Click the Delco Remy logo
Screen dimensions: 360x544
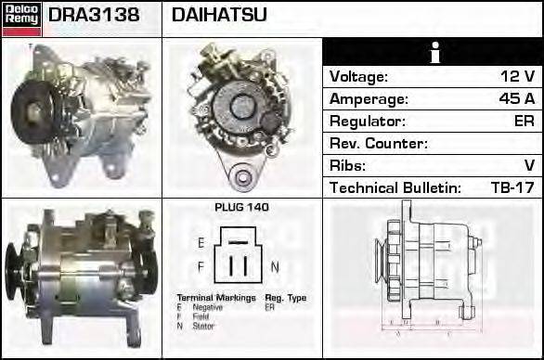click(21, 18)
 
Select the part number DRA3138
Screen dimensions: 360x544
click(93, 16)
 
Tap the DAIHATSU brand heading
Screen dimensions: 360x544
click(219, 16)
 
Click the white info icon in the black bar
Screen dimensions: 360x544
click(433, 53)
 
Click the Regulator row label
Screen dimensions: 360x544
click(368, 122)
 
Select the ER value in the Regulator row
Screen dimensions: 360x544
click(524, 122)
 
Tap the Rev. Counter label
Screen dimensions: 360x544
click(379, 144)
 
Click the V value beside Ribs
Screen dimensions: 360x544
click(529, 166)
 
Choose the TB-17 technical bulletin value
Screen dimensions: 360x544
click(512, 188)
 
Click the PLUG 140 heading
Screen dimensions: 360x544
click(241, 208)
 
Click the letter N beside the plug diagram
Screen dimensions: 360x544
click(274, 267)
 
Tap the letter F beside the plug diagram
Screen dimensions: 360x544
click(201, 266)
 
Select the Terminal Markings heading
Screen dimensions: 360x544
click(210, 297)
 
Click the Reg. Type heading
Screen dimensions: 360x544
click(285, 297)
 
